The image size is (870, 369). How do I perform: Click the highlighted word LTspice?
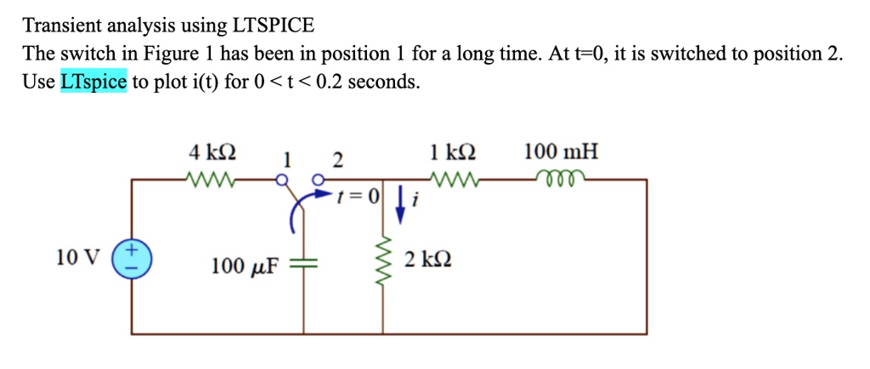coord(93,82)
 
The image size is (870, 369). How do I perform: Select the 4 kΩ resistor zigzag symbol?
coord(207,179)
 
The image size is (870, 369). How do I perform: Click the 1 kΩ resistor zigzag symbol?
coord(456,179)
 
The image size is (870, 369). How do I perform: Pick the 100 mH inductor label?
coord(561,153)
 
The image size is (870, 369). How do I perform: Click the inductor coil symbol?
coord(559,179)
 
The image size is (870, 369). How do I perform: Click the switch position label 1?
coord(287,158)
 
